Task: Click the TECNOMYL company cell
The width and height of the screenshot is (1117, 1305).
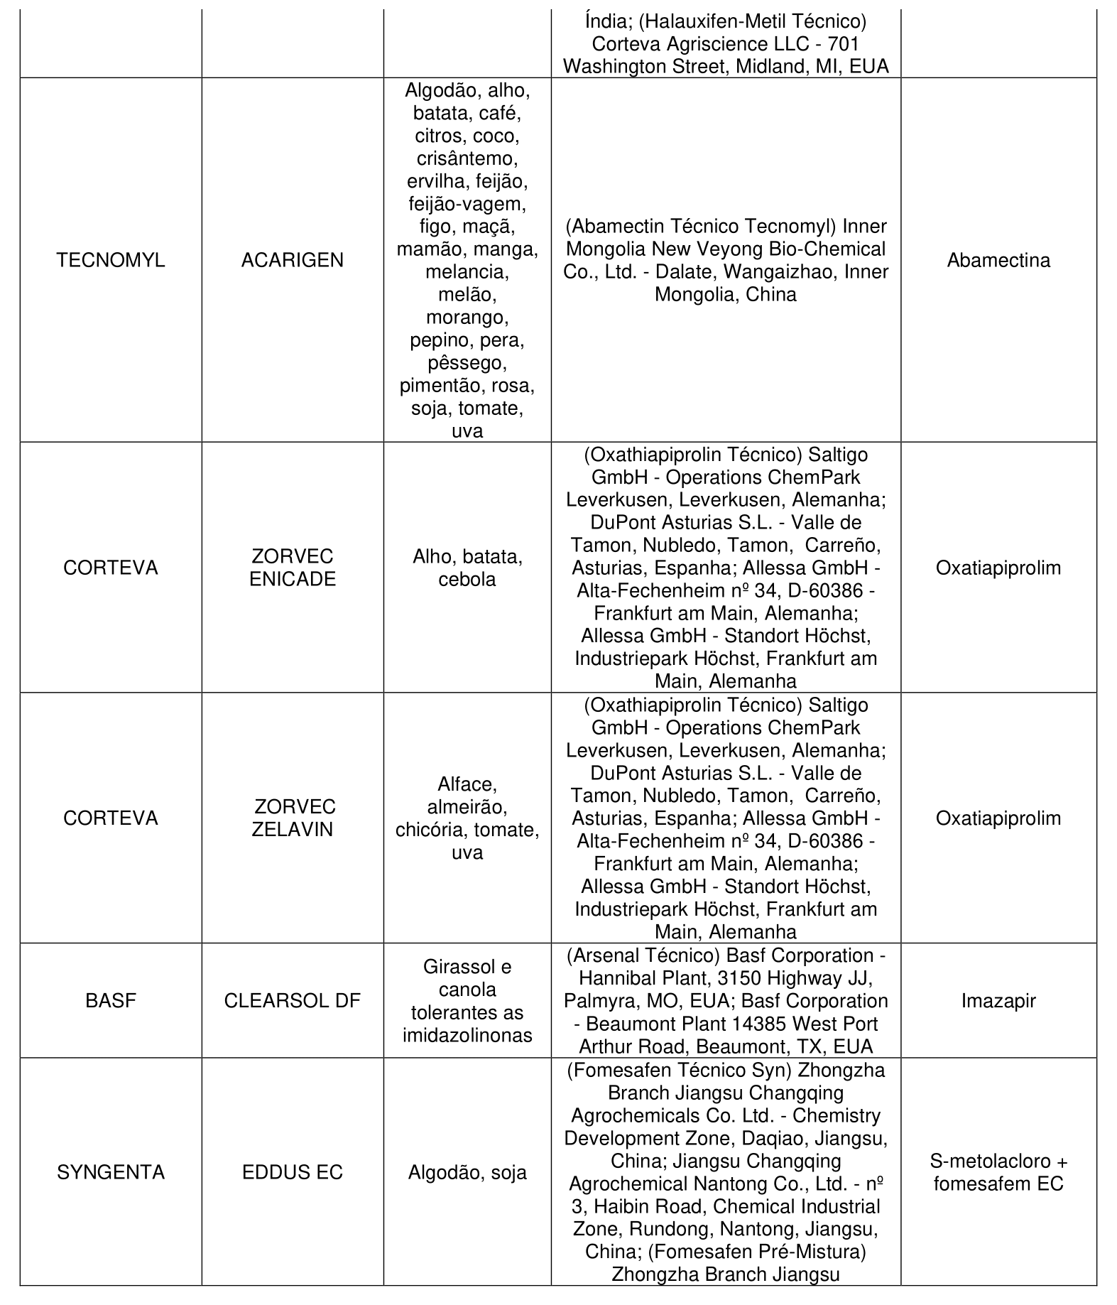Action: tap(111, 260)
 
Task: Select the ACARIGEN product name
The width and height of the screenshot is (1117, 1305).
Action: tap(292, 260)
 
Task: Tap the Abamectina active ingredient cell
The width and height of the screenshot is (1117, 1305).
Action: tap(998, 260)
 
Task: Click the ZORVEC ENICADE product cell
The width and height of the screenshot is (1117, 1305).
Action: tap(292, 568)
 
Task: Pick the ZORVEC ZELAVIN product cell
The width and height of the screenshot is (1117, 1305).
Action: tap(292, 818)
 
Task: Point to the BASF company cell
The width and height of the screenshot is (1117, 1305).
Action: tap(111, 1001)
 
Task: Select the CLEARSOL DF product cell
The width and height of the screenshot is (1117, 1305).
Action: tap(292, 1001)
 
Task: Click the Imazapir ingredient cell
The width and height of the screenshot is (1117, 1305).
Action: tap(998, 1001)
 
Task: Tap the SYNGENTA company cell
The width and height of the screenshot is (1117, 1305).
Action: tap(111, 1172)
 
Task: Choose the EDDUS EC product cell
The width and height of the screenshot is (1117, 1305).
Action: tap(292, 1172)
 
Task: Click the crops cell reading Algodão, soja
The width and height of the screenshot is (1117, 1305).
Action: tap(467, 1172)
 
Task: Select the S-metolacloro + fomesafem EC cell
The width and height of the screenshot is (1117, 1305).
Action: tap(998, 1173)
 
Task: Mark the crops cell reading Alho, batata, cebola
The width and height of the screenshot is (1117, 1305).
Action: tap(467, 568)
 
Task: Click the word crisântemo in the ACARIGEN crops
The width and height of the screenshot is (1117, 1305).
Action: tap(467, 158)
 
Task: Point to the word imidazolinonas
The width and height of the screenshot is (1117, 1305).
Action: tap(467, 1035)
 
